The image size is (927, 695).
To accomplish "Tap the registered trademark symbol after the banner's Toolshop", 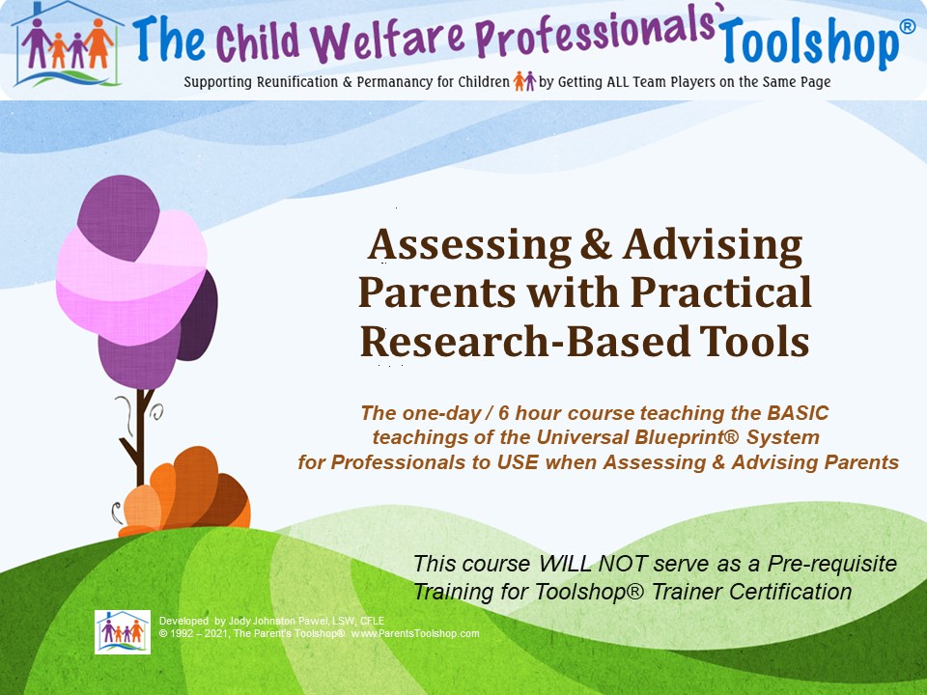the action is pyautogui.click(x=907, y=27).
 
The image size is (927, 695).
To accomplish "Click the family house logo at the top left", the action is pyautogui.click(x=67, y=44).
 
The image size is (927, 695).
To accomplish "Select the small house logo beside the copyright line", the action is pyautogui.click(x=123, y=631).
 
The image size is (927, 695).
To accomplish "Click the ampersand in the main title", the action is pyautogui.click(x=596, y=244).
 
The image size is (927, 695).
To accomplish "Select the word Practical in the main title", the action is pyautogui.click(x=721, y=292).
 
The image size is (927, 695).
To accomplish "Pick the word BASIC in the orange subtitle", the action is pyautogui.click(x=798, y=412).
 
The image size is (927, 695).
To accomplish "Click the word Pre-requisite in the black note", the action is pyautogui.click(x=831, y=565).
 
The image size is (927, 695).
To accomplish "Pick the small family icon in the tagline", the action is pyautogui.click(x=524, y=81).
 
